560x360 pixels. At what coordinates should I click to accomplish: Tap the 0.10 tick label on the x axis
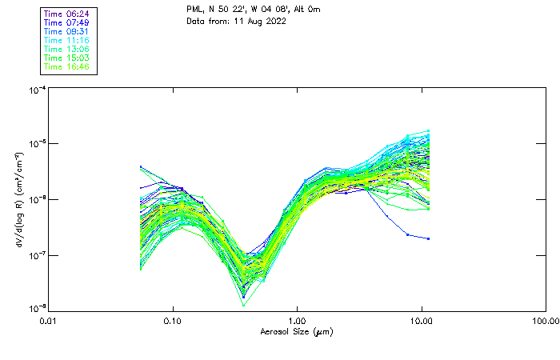point(173,321)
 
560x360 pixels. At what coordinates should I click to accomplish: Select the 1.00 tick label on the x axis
point(297,321)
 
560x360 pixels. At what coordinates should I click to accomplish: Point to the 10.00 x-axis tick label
point(422,321)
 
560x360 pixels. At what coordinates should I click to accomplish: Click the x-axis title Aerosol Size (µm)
point(297,331)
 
